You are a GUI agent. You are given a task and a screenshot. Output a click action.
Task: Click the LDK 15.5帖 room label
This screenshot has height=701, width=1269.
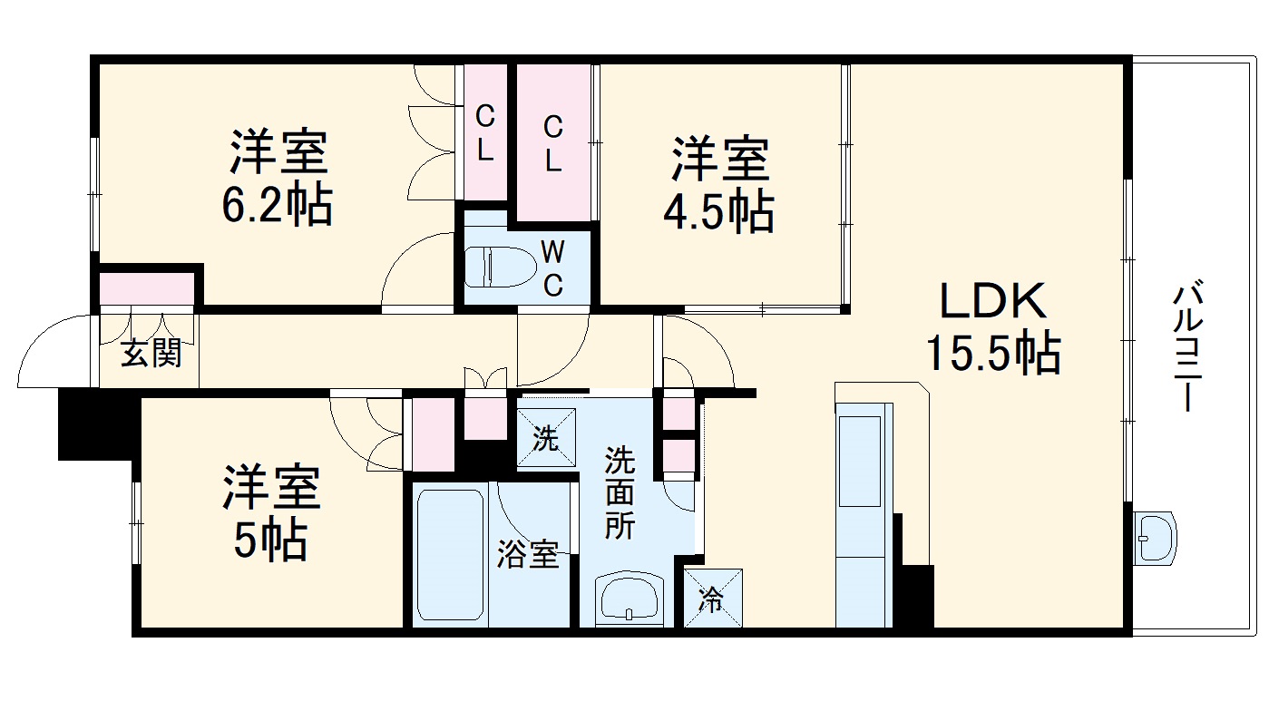pyautogui.click(x=992, y=327)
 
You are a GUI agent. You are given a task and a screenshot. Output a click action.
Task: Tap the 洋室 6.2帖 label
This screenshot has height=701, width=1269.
pyautogui.click(x=277, y=179)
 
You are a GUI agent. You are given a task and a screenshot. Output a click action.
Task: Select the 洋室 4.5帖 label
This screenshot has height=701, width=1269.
pyautogui.click(x=721, y=184)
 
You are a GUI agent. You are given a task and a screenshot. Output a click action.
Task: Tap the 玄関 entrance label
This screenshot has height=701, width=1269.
pyautogui.click(x=151, y=353)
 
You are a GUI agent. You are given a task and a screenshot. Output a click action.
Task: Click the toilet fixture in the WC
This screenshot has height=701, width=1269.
pyautogui.click(x=497, y=266)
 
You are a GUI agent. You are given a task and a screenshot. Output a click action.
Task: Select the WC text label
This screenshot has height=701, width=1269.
pyautogui.click(x=552, y=268)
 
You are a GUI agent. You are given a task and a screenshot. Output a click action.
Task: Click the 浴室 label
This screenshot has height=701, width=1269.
pyautogui.click(x=527, y=555)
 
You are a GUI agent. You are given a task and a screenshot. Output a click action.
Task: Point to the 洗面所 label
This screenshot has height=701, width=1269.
pyautogui.click(x=621, y=492)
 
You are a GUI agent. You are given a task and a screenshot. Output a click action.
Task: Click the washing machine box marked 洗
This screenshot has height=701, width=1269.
pyautogui.click(x=546, y=438)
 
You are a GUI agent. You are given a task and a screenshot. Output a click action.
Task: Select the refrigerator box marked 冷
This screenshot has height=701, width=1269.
pyautogui.click(x=713, y=598)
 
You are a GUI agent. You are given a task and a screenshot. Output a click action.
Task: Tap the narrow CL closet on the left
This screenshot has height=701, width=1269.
pyautogui.click(x=485, y=132)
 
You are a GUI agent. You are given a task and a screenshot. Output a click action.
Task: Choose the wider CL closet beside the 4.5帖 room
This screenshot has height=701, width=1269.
pyautogui.click(x=553, y=142)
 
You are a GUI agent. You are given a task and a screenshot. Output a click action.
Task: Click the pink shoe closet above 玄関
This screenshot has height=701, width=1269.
pyautogui.click(x=147, y=289)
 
